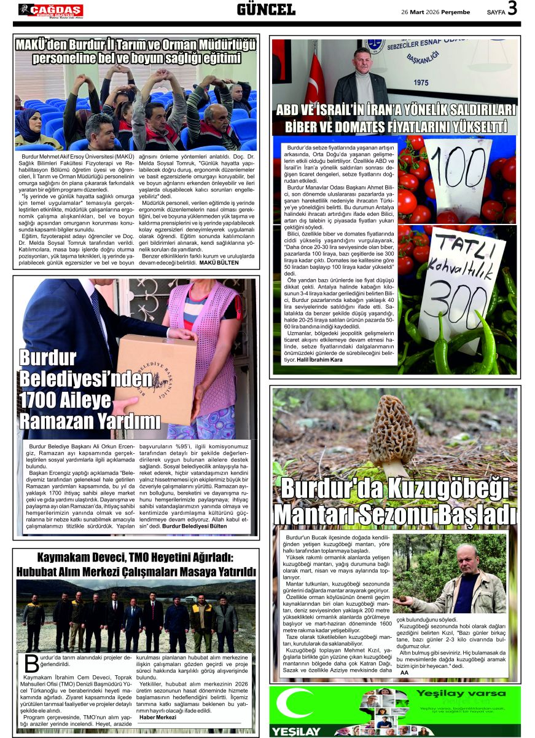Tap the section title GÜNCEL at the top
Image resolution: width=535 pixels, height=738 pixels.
(266, 9)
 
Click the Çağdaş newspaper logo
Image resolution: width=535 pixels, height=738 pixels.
(50, 10)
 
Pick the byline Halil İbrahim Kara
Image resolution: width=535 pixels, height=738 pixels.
(319, 359)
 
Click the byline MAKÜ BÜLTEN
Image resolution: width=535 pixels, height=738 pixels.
(219, 263)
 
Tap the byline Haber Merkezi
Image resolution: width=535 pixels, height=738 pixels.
(158, 717)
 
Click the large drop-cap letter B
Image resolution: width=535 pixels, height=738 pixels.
(31, 664)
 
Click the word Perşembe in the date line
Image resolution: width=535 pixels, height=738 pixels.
(452, 12)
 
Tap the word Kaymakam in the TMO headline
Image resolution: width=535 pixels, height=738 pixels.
(67, 558)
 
